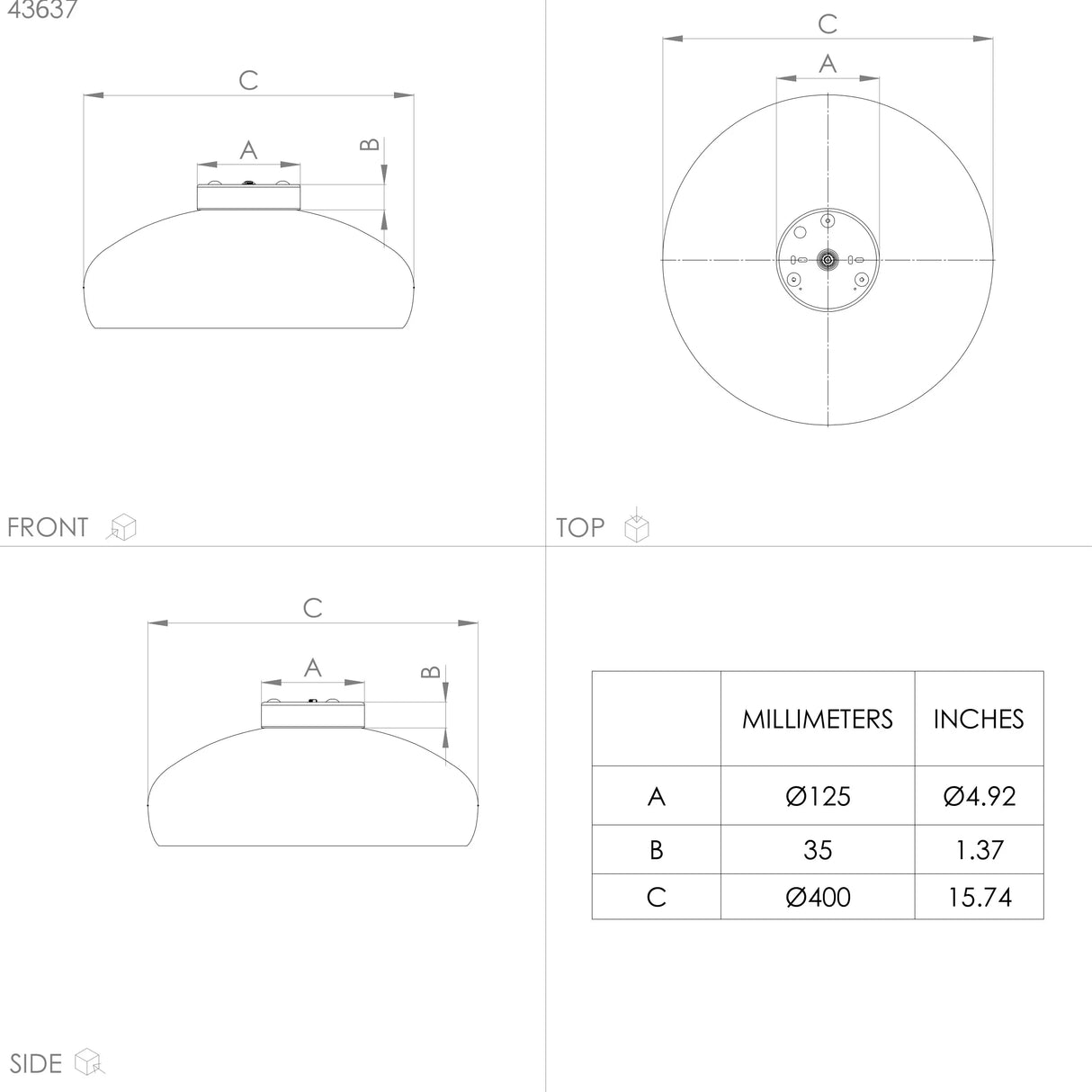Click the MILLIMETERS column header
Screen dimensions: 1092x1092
pos(817,719)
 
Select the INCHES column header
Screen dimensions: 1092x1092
pos(978,719)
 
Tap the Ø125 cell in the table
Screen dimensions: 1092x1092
pos(817,796)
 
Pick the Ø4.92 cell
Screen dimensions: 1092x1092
pos(979,796)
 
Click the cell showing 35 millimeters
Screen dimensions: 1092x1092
pos(817,849)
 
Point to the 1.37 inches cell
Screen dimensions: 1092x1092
pos(979,849)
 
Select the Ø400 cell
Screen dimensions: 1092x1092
pos(817,897)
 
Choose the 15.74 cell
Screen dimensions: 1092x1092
pos(979,897)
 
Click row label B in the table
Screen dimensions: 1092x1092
pos(656,849)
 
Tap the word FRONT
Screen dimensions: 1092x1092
pos(48,527)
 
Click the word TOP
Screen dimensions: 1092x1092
pos(580,527)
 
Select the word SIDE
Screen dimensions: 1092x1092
pos(36,1063)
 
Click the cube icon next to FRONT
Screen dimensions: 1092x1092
pos(121,527)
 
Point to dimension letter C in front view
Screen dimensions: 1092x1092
pos(248,81)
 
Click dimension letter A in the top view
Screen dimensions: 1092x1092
pos(828,64)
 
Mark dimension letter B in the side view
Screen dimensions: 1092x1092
pos(431,672)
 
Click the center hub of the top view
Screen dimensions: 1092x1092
pos(827,260)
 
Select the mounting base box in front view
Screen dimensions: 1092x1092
pos(248,196)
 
